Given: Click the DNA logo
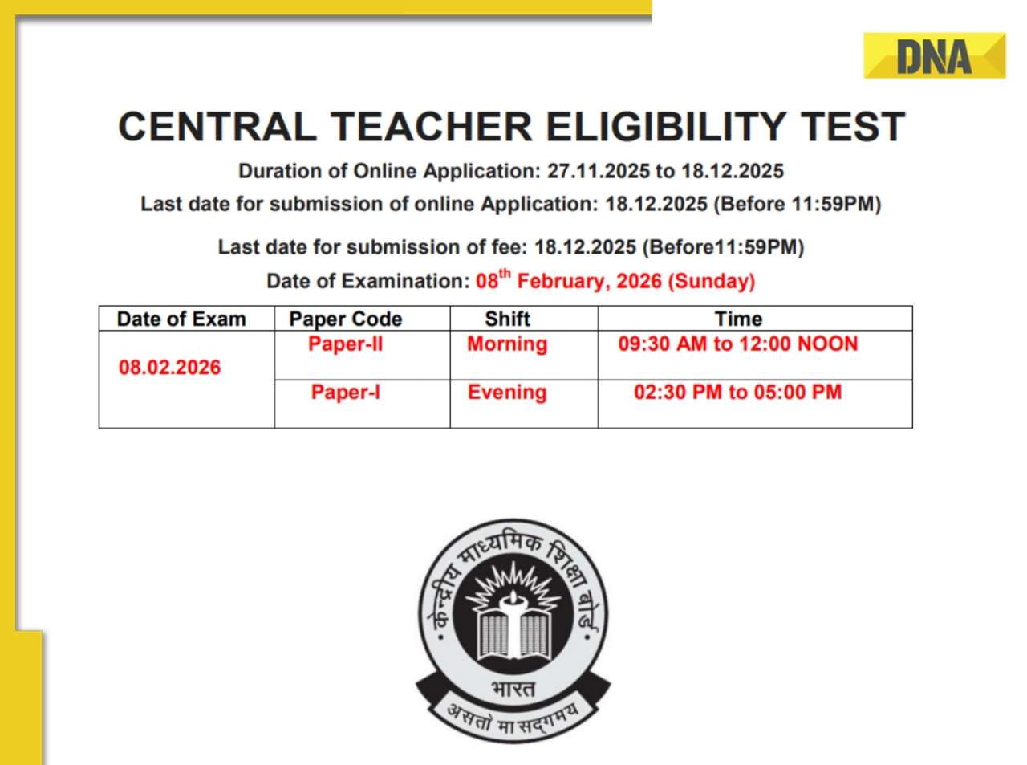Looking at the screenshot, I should (934, 56).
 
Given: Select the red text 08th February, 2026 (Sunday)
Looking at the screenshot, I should (615, 280).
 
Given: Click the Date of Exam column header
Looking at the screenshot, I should (181, 319).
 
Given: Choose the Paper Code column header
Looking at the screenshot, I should (346, 319).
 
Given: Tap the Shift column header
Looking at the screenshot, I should (507, 319).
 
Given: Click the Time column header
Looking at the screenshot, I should (738, 319).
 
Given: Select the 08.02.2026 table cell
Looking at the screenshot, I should (169, 368).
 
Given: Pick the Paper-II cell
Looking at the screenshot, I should (346, 344).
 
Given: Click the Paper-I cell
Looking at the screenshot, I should (346, 393).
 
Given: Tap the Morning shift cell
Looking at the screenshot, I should (507, 344).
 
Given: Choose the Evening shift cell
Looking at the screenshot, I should (507, 393).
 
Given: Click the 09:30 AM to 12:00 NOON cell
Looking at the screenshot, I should (738, 344).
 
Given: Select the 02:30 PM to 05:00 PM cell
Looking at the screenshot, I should (738, 393).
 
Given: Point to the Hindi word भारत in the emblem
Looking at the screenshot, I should (513, 689).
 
